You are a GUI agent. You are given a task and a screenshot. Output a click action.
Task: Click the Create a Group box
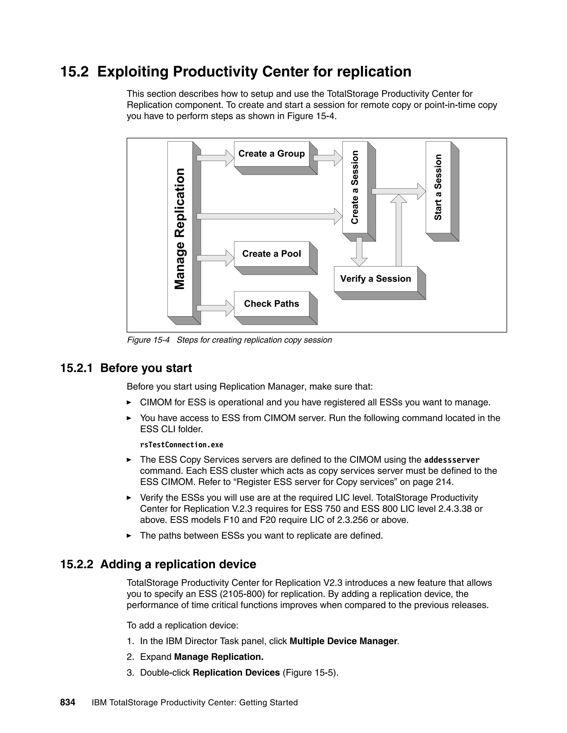click(x=271, y=154)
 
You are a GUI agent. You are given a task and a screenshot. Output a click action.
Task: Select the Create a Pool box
click(x=271, y=254)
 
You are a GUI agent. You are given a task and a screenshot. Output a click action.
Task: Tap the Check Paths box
click(x=271, y=304)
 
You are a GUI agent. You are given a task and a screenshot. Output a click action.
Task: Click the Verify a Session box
click(x=375, y=279)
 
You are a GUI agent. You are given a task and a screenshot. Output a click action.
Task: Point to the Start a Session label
click(x=438, y=187)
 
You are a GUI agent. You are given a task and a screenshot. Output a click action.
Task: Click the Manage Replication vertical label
click(x=180, y=229)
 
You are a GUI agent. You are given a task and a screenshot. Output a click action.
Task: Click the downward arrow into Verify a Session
click(x=359, y=251)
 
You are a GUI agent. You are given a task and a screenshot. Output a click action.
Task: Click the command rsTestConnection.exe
click(x=181, y=445)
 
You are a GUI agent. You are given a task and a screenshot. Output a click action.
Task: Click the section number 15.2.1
click(x=76, y=368)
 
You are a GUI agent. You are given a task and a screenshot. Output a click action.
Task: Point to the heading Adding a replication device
click(x=178, y=564)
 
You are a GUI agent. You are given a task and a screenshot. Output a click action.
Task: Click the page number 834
click(x=68, y=703)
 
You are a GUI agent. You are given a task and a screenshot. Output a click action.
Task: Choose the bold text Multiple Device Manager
click(x=343, y=641)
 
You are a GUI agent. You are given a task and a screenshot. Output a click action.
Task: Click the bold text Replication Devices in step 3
click(x=236, y=673)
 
